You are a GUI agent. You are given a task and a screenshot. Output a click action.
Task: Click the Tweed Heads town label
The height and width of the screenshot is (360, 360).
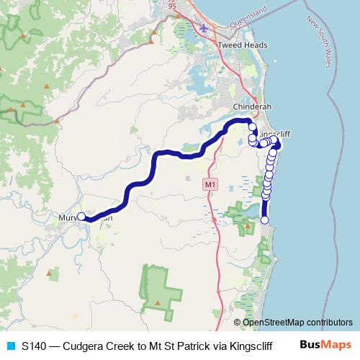pyautogui.click(x=243, y=45)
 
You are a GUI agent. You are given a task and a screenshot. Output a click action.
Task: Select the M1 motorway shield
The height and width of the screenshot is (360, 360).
pyautogui.click(x=210, y=185)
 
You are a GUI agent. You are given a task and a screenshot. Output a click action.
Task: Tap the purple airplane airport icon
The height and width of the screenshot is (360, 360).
pyautogui.click(x=207, y=28)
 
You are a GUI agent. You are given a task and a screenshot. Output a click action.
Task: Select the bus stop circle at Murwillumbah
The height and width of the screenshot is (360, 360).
pyautogui.click(x=81, y=216)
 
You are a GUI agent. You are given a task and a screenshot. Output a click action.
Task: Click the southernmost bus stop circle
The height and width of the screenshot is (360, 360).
pyautogui.click(x=265, y=220)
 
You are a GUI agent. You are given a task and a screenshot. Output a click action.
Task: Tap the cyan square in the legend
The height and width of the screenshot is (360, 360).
pyautogui.click(x=10, y=345)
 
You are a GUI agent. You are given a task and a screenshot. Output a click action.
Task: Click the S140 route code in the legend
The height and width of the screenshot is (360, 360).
pyautogui.click(x=35, y=345)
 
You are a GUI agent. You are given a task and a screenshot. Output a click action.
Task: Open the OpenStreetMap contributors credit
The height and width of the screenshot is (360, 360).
pyautogui.click(x=297, y=322)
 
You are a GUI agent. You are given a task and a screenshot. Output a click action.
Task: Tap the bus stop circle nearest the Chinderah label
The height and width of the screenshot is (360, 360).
pyautogui.click(x=252, y=127)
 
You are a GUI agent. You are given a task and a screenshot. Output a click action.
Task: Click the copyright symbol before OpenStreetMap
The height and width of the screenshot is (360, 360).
pyautogui.click(x=238, y=322)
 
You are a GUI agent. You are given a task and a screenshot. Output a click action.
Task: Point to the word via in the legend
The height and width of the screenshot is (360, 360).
pyautogui.click(x=215, y=345)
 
